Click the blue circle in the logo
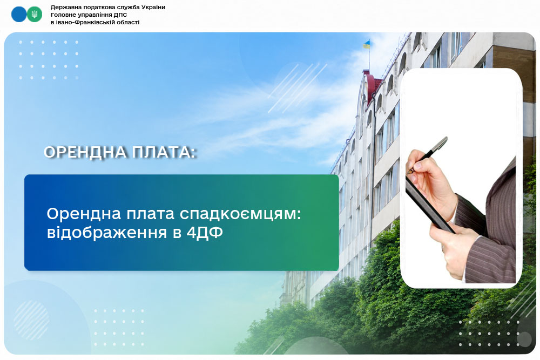pyautogui.click(x=18, y=15)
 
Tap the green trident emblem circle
pyautogui.click(x=35, y=15)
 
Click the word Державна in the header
pyautogui.click(x=65, y=7)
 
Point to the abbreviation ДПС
pyautogui.click(x=120, y=15)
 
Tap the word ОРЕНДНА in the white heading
pyautogui.click(x=84, y=152)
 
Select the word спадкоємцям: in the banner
pyautogui.click(x=240, y=214)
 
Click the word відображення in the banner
pyautogui.click(x=107, y=232)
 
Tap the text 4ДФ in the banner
pyautogui.click(x=205, y=233)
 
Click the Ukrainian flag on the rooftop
pyautogui.click(x=366, y=44)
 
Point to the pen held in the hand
pyautogui.click(x=427, y=155)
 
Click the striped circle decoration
pyautogui.click(x=31, y=320)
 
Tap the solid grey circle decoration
pyautogui.click(x=524, y=339)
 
